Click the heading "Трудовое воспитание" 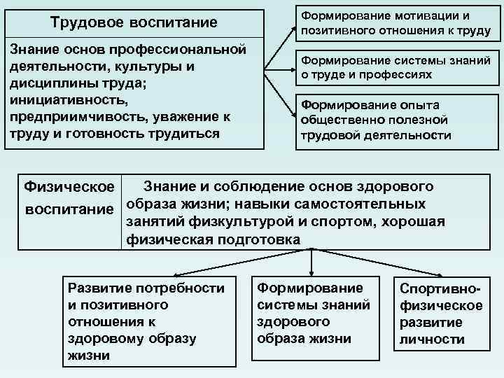134,22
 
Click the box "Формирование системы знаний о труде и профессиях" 395,67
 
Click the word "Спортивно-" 441,289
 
